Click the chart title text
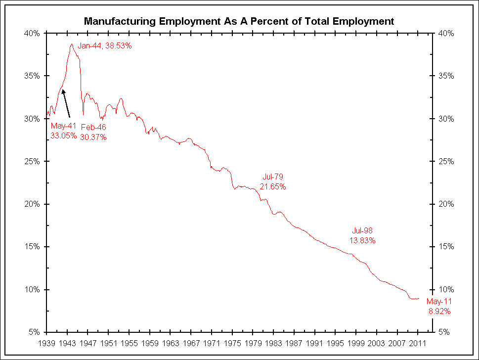[239, 21]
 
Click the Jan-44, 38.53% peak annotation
[105, 45]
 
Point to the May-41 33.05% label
[63, 131]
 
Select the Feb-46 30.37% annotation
[94, 132]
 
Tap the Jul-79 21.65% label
[273, 181]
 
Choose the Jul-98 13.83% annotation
[363, 235]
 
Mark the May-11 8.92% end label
[439, 307]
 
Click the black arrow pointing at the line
[66, 103]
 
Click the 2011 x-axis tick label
[419, 342]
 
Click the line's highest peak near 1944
[72, 44]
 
